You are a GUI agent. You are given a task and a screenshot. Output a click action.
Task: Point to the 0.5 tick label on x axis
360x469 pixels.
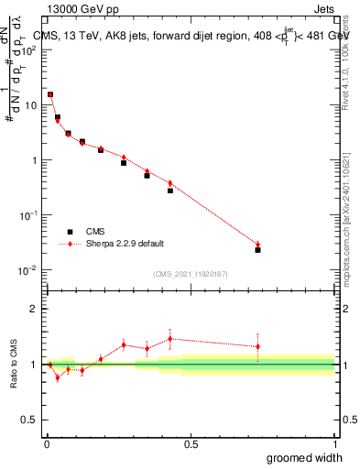tap(191, 444)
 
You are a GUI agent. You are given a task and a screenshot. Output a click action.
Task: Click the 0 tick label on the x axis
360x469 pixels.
tap(46, 444)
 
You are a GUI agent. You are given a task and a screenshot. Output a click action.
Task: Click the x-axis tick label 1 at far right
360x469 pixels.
tap(334, 444)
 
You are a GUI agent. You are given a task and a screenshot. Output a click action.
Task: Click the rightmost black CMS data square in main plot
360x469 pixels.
tap(257, 249)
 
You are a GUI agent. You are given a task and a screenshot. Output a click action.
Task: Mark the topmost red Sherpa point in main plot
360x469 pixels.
tap(50, 94)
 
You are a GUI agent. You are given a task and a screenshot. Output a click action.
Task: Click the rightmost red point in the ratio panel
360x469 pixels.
tap(257, 346)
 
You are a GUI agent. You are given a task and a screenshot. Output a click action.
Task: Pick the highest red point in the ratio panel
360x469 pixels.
tap(170, 339)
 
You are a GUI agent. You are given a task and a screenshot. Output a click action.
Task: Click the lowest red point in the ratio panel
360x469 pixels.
tap(57, 376)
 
